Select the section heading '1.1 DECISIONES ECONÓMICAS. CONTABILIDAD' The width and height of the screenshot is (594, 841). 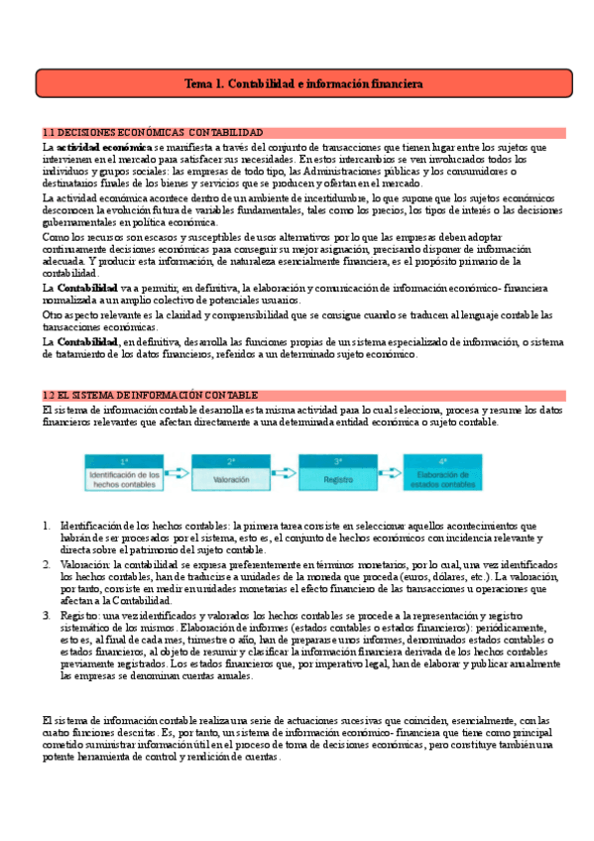point(153,133)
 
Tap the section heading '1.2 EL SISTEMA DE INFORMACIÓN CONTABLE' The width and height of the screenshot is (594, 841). point(151,395)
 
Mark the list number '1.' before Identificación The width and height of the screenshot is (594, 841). point(46,525)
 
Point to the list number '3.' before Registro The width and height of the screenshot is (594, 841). point(46,615)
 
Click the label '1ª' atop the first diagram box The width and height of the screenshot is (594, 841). point(124,461)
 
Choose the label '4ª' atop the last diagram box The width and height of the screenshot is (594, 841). point(444,461)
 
